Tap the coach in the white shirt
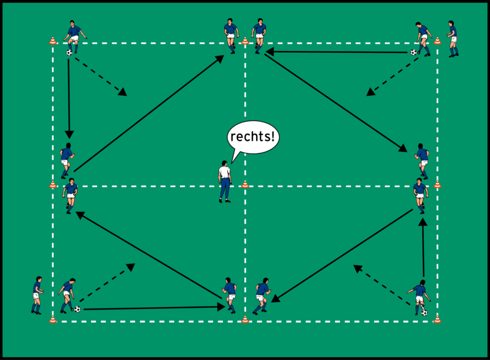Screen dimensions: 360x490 pyautogui.click(x=225, y=181)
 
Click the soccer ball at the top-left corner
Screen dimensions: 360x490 pyautogui.click(x=70, y=53)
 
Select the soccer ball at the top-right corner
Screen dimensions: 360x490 pyautogui.click(x=414, y=52)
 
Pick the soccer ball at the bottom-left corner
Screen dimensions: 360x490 pyautogui.click(x=77, y=309)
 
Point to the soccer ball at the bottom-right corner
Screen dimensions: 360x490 pyautogui.click(x=424, y=313)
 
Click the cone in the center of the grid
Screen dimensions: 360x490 pyautogui.click(x=245, y=185)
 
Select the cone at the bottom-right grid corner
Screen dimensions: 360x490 pyautogui.click(x=437, y=319)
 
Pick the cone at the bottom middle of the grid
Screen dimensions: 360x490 pyautogui.click(x=245, y=319)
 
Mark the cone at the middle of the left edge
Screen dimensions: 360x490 pyautogui.click(x=53, y=185)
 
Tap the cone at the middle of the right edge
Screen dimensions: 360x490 pyautogui.click(x=437, y=184)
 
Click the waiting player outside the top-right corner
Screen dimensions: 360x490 pyautogui.click(x=453, y=38)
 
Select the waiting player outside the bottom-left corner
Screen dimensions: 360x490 pyautogui.click(x=37, y=295)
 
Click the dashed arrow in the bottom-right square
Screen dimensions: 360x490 pyautogui.click(x=381, y=281)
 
